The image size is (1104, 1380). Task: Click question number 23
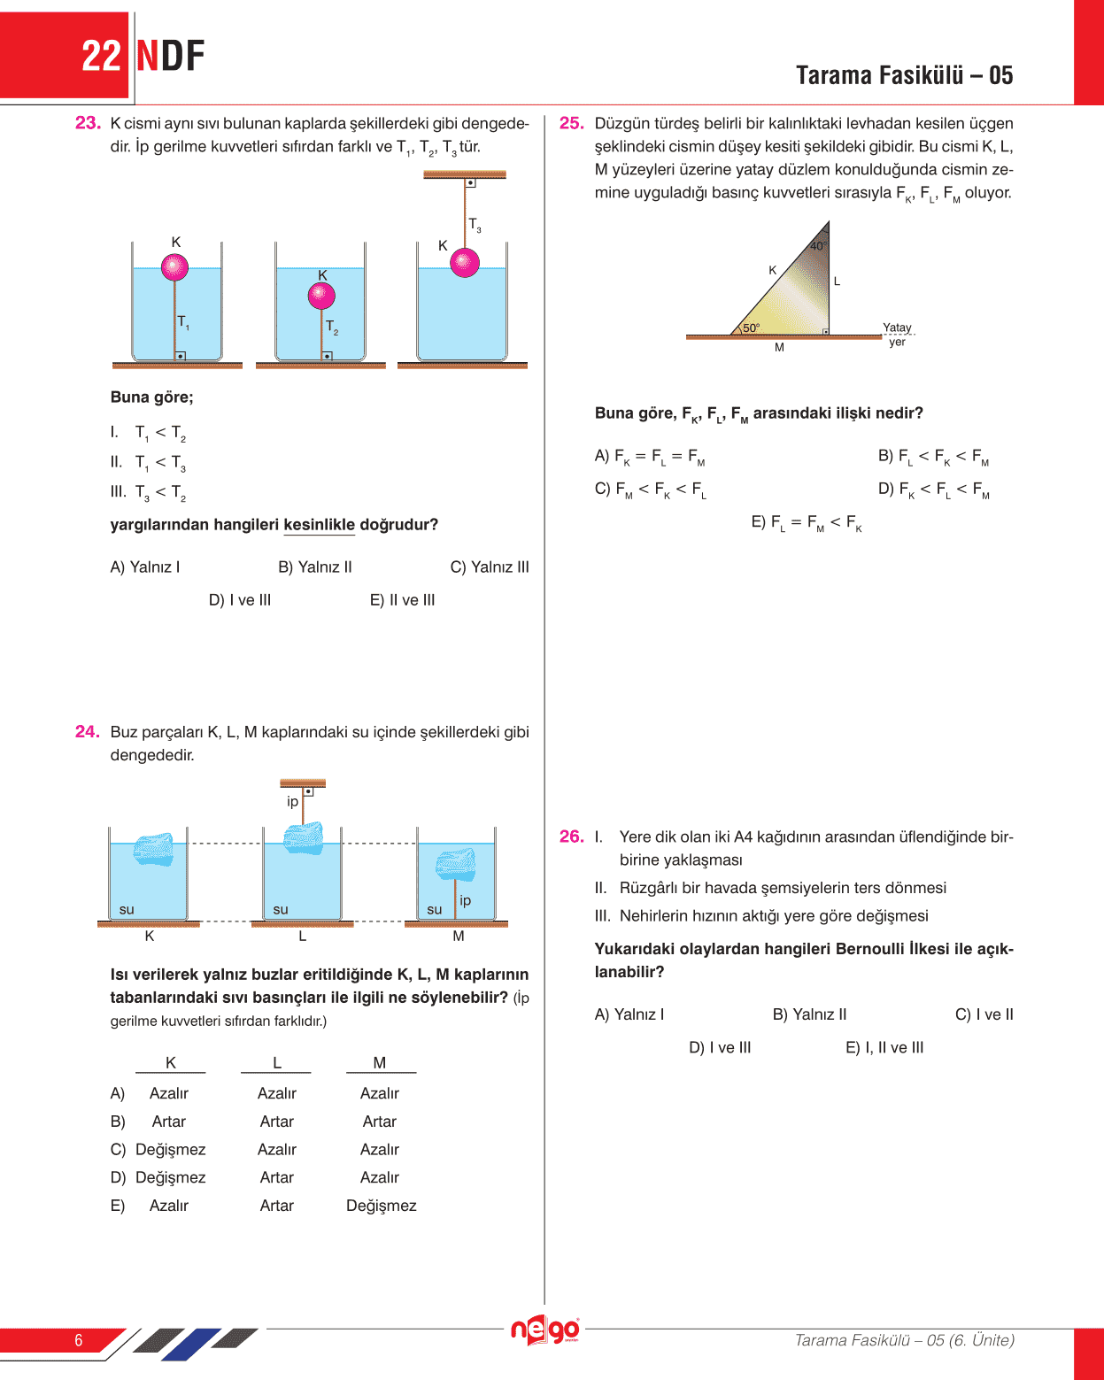click(87, 123)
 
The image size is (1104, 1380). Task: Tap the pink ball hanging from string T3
click(465, 262)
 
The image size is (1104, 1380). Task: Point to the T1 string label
click(183, 322)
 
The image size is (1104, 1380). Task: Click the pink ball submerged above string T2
click(321, 296)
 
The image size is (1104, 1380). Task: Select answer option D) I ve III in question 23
click(240, 600)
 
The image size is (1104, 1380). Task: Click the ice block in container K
click(153, 848)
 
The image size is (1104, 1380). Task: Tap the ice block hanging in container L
click(303, 836)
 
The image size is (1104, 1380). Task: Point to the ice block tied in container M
click(456, 864)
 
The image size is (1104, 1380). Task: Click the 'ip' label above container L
click(292, 801)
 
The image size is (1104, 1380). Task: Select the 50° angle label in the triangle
click(751, 328)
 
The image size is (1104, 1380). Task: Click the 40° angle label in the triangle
click(817, 246)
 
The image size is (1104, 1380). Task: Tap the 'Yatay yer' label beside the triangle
click(897, 335)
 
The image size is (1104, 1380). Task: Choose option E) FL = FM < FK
click(806, 523)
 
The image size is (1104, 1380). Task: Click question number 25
click(571, 123)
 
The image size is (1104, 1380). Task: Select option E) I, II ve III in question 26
click(884, 1048)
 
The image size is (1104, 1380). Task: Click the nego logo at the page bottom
click(544, 1330)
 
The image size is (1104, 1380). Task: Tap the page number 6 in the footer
click(79, 1340)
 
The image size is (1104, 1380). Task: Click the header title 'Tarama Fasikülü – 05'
click(904, 75)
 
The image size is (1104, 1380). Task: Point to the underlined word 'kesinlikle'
click(319, 525)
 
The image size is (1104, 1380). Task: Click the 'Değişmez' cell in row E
click(381, 1206)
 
